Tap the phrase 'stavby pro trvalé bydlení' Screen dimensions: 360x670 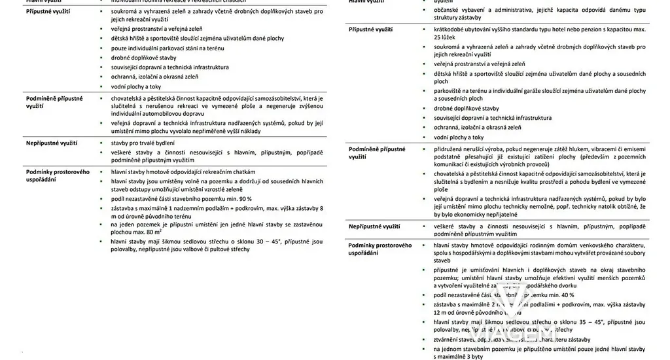(142, 142)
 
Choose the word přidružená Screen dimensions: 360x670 (451, 149)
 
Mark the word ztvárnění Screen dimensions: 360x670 (448, 340)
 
